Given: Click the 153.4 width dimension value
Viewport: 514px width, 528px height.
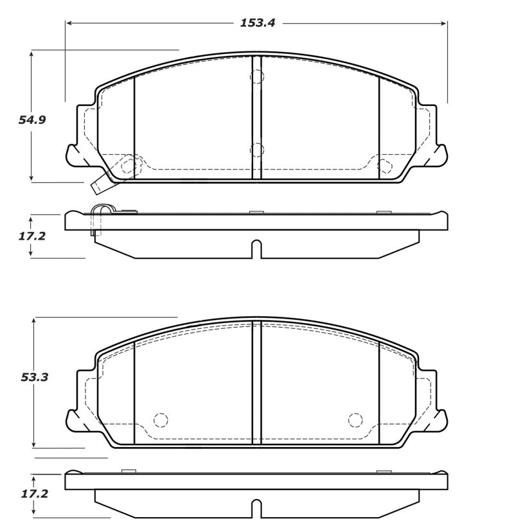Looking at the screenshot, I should (x=257, y=23).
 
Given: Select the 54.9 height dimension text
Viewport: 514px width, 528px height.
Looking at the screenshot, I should (x=32, y=120).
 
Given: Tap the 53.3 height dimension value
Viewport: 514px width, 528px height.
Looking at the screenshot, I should (x=34, y=377).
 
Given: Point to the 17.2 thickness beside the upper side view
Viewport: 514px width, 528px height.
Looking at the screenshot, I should (x=31, y=236).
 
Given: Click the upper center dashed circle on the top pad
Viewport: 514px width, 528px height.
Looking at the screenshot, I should (x=257, y=77).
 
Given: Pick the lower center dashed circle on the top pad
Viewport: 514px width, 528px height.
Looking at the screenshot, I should (x=257, y=150).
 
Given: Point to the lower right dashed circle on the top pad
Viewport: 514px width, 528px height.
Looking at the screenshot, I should (x=384, y=166).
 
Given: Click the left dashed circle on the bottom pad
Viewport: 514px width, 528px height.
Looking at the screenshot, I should (x=160, y=420).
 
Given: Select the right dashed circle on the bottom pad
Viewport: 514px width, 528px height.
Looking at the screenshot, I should (x=355, y=420).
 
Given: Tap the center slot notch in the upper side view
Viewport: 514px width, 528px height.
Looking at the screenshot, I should (x=256, y=249).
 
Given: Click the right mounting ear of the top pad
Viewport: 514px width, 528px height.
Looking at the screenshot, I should (x=437, y=154).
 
